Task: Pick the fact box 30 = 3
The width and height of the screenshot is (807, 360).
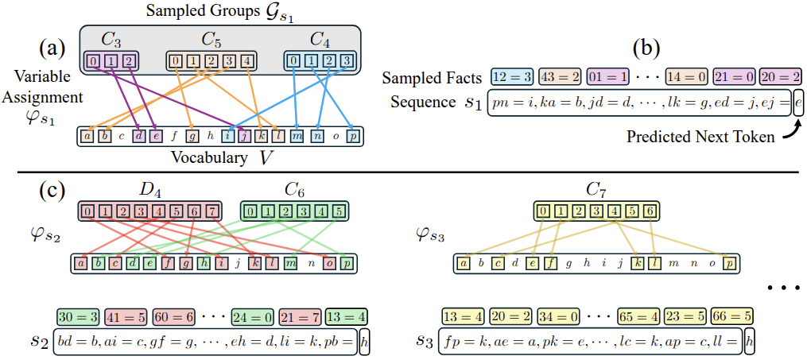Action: click(x=77, y=315)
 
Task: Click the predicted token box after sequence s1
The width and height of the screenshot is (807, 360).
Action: click(x=798, y=104)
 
